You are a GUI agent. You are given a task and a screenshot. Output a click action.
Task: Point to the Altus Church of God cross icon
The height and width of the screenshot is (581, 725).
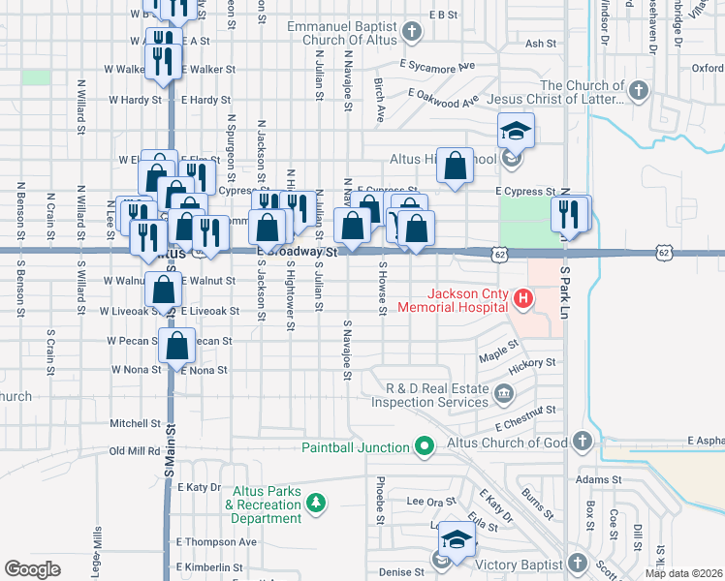(x=582, y=443)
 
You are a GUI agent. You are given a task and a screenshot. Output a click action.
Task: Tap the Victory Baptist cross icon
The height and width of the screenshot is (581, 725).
(x=577, y=564)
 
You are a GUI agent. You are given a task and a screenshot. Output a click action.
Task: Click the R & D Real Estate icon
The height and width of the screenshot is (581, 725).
(x=504, y=393)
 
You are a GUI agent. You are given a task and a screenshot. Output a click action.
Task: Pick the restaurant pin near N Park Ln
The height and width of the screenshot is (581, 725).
(x=570, y=213)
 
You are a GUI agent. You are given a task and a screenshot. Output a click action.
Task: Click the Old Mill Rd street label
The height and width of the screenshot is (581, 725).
(x=135, y=451)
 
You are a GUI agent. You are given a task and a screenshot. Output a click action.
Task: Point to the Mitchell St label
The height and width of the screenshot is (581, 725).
(x=134, y=424)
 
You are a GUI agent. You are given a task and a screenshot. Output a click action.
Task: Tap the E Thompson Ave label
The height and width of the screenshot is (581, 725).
(x=216, y=542)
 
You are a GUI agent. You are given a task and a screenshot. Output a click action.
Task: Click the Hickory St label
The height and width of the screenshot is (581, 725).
(x=536, y=363)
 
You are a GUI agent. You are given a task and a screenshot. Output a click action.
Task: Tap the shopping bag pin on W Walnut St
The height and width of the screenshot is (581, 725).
(x=164, y=288)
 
